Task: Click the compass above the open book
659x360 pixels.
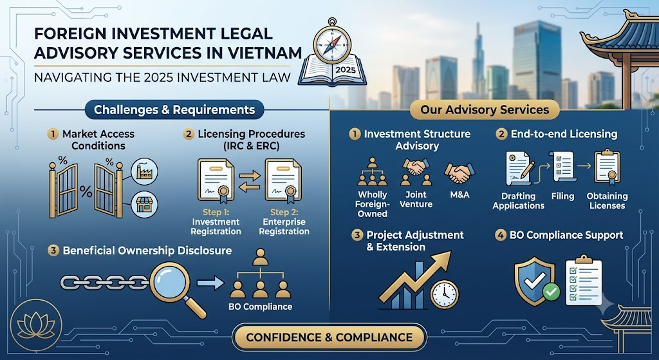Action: click(333, 43)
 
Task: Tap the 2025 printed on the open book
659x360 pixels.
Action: click(346, 70)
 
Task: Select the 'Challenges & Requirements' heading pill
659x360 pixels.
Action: click(174, 109)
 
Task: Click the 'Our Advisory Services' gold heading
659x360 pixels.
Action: click(485, 109)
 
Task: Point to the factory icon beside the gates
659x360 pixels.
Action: click(144, 171)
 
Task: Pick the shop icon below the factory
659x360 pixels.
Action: click(144, 205)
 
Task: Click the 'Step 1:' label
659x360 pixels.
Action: click(216, 212)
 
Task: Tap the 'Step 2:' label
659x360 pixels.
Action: click(284, 212)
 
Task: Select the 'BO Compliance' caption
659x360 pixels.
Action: click(260, 307)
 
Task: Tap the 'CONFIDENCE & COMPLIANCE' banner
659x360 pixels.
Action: click(329, 337)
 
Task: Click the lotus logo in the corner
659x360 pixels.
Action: click(36, 325)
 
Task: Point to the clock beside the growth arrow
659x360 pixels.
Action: click(444, 294)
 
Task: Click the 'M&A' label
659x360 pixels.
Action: click(459, 194)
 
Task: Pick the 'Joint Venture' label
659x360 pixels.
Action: click(416, 200)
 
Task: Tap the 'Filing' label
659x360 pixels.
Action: click(562, 196)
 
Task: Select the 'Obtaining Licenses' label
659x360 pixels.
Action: click(608, 200)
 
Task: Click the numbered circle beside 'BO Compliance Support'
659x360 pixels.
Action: click(500, 235)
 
